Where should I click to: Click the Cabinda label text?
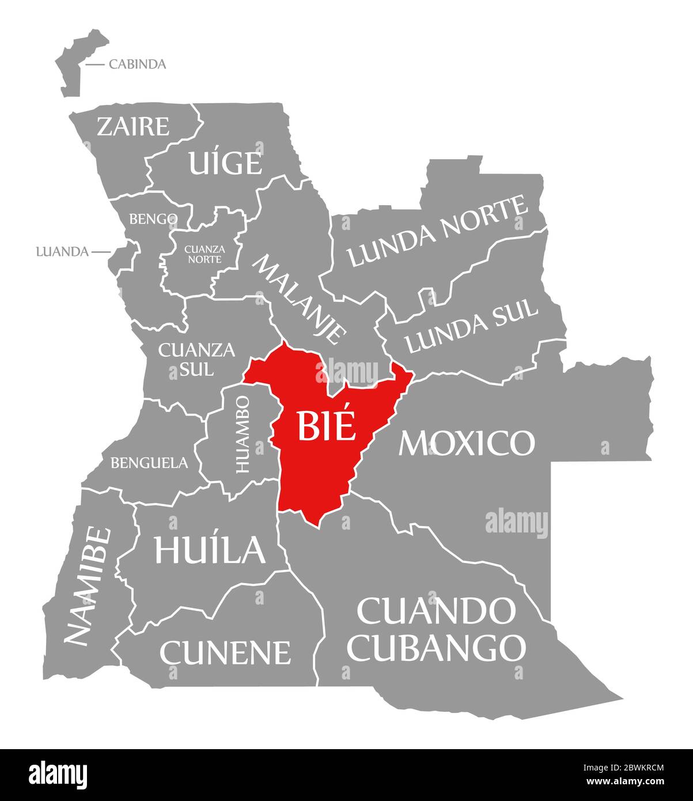pos(137,64)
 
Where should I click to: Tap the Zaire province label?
pos(133,126)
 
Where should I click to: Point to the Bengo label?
pos(153,219)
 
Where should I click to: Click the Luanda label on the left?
pos(62,252)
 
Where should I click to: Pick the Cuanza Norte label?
pos(204,254)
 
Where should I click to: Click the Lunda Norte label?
pos(438,232)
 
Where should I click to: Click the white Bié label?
pos(325,427)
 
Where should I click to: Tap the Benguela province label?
pos(149,462)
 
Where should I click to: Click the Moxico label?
pos(467,443)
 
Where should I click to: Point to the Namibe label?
pos(87,585)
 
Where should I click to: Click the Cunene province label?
pos(225,652)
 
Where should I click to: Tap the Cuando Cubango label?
pos(437,629)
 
